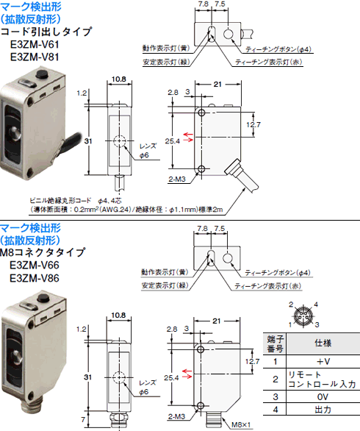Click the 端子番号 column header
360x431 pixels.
point(275,343)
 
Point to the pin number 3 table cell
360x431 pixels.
point(275,397)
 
